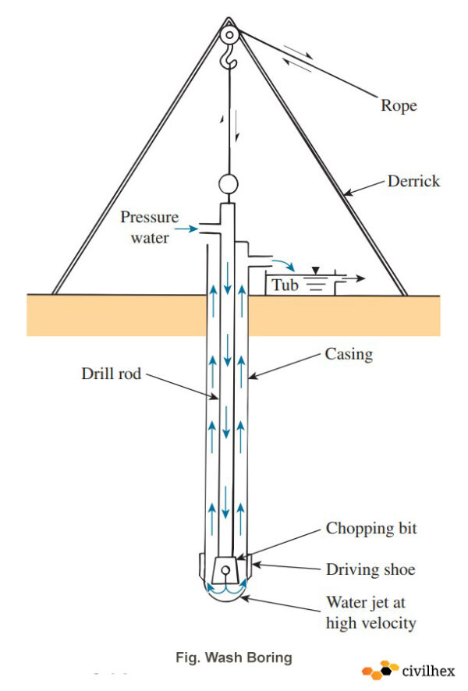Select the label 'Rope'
(x=398, y=106)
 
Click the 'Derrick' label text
(x=413, y=182)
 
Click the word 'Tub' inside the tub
(x=285, y=285)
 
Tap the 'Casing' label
(x=348, y=354)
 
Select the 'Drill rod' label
(x=112, y=374)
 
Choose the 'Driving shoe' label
(x=370, y=570)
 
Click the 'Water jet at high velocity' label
(x=370, y=612)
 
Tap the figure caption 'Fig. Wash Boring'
(x=234, y=657)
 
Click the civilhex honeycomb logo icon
(x=379, y=670)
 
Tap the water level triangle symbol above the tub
(x=314, y=270)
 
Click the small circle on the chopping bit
(x=226, y=571)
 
